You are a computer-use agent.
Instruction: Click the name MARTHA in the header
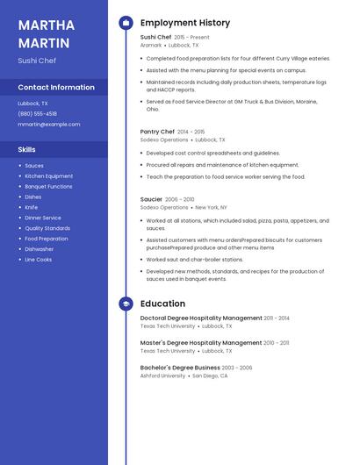point(47,24)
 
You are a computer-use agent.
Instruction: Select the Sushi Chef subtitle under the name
point(37,61)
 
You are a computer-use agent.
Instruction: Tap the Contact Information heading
point(56,87)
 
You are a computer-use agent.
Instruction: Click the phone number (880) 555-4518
point(37,113)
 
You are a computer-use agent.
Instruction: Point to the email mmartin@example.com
point(48,124)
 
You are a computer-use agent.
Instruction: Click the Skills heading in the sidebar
point(26,149)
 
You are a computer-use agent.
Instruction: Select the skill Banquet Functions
point(48,186)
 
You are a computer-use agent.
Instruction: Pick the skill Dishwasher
point(39,249)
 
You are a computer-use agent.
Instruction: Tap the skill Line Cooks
point(38,260)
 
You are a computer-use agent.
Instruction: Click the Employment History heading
point(185,23)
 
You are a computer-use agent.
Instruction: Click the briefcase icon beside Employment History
point(126,23)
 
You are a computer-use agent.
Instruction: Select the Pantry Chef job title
point(157,132)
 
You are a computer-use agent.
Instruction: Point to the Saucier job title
point(151,199)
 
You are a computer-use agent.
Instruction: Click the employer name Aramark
point(151,45)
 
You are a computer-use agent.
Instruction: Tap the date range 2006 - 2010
point(179,199)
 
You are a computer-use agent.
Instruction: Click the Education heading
point(162,304)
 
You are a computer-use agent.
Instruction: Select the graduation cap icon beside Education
point(126,304)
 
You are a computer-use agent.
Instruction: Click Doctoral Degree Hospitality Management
point(201,318)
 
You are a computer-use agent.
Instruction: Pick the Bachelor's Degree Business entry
point(180,368)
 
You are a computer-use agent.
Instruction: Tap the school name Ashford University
point(162,376)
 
